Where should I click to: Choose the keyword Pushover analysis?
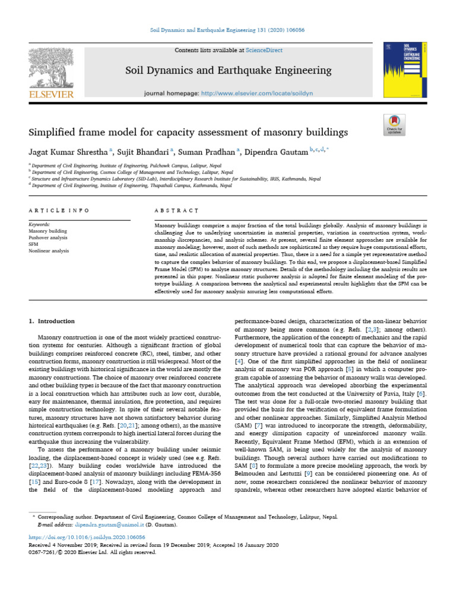pyautogui.click(x=48, y=237)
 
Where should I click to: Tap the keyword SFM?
pyautogui.click(x=34, y=243)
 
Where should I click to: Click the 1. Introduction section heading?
pyautogui.click(x=52, y=321)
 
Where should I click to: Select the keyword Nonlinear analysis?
pyautogui.click(x=49, y=251)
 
